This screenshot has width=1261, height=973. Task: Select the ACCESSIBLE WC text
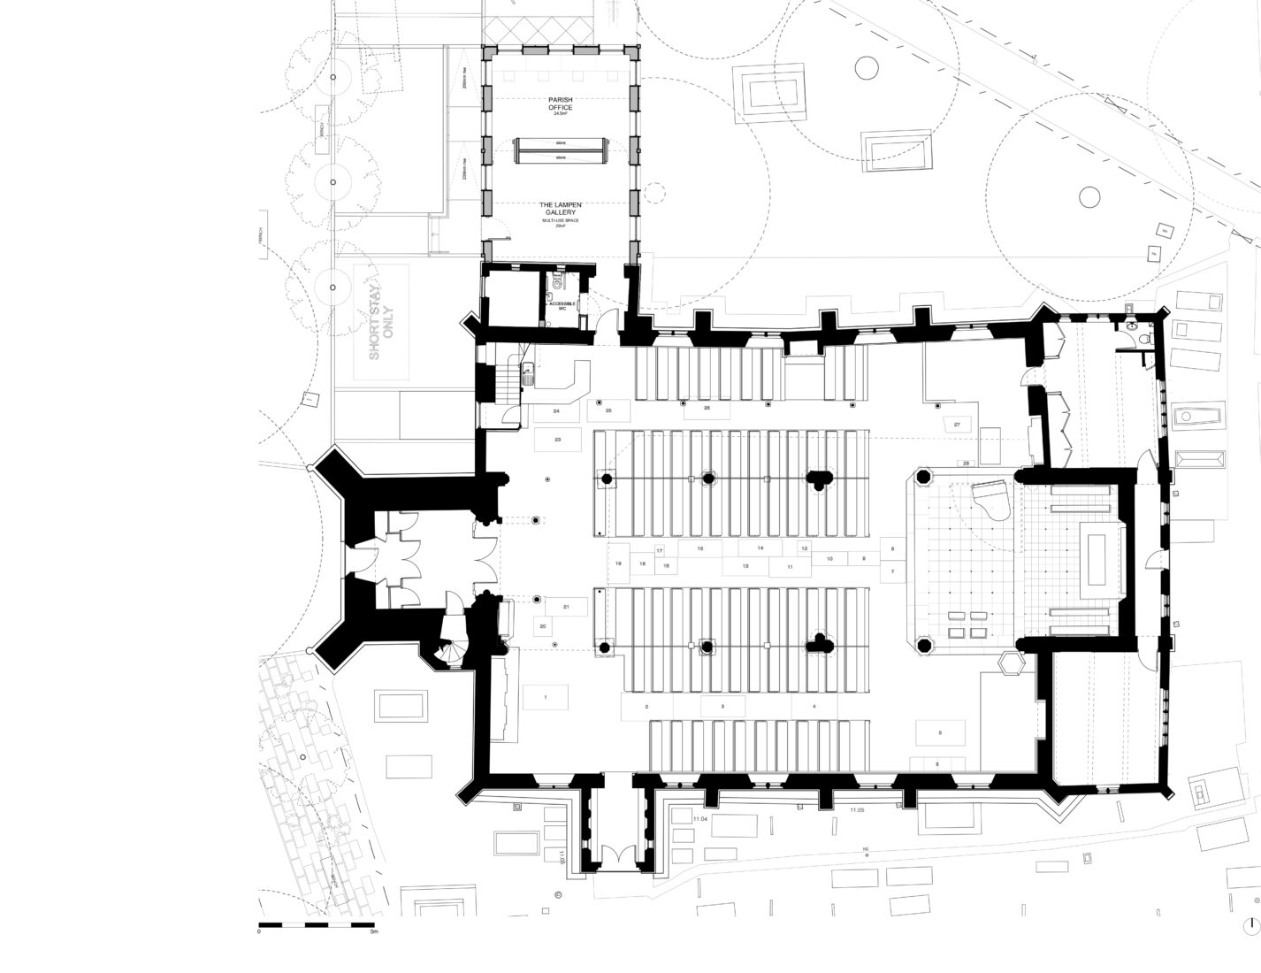click(562, 305)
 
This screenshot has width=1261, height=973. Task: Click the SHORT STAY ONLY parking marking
click(381, 321)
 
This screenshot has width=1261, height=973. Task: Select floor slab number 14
click(760, 548)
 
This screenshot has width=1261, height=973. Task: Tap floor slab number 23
click(557, 439)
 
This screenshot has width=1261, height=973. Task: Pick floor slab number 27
click(957, 425)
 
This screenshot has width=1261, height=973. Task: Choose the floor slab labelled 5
click(939, 732)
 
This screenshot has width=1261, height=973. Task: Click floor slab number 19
click(619, 563)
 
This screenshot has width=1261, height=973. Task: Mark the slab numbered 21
click(567, 606)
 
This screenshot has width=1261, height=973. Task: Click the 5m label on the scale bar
click(375, 931)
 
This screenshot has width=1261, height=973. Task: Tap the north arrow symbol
click(1250, 926)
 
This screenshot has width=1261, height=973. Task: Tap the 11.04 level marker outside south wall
click(701, 820)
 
